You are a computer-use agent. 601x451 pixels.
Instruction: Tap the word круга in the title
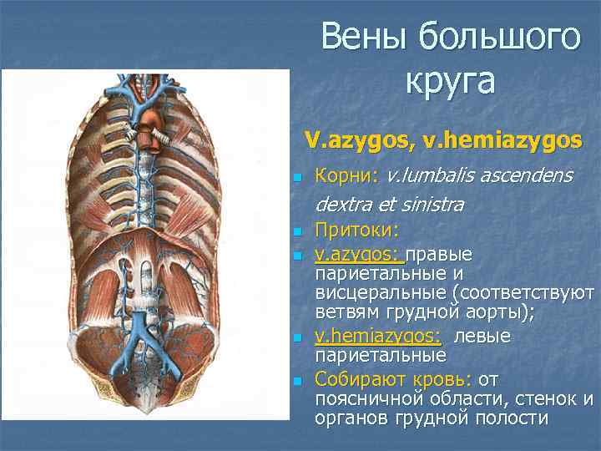pos(450,81)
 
